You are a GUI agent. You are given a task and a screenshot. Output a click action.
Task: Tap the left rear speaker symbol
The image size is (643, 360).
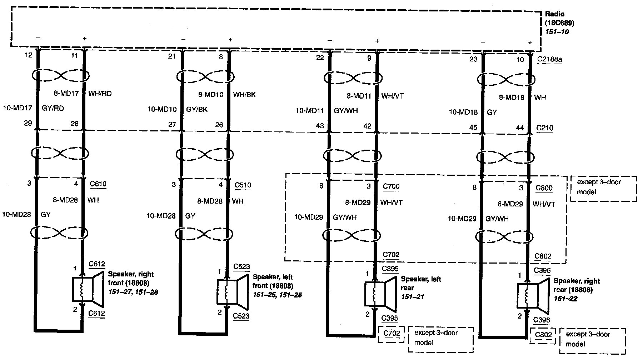coord(380,294)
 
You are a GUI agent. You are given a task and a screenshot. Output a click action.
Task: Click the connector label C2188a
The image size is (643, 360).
coord(549,59)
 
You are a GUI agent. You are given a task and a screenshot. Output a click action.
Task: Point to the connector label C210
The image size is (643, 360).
coord(545,128)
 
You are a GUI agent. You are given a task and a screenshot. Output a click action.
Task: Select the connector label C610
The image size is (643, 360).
coord(98,184)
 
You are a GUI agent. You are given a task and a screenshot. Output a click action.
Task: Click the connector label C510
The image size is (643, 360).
coord(243,185)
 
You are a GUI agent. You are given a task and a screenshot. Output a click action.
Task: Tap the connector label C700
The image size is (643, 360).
coord(391,186)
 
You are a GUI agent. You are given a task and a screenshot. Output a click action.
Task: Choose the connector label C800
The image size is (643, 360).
coord(544,188)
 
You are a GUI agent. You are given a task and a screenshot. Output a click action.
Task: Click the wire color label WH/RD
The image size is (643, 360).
coord(100,94)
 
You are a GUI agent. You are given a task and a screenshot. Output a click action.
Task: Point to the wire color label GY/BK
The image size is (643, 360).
coord(197,109)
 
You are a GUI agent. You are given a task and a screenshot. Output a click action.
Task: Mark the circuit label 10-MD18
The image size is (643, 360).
coord(463,112)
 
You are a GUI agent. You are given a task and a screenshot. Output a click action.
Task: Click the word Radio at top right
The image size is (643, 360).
coord(554,14)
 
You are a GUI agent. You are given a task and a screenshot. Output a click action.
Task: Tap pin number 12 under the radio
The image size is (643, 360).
coord(29,55)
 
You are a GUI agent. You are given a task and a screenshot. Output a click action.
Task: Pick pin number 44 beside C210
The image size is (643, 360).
coord(520,127)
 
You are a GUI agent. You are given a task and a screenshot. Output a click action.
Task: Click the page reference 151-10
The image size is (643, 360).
coord(557,32)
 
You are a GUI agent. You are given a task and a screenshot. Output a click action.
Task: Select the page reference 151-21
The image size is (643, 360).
coord(412,297)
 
